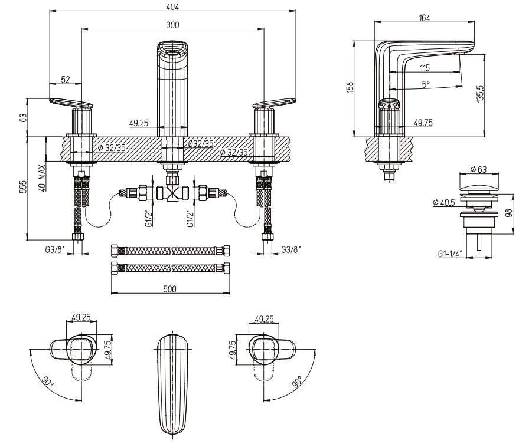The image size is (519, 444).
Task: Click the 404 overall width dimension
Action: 172,6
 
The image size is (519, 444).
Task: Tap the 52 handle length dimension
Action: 66,80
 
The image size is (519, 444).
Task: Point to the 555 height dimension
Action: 22,188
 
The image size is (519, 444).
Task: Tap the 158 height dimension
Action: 350,86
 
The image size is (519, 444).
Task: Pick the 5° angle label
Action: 426,84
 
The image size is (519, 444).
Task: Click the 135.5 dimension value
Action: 481,94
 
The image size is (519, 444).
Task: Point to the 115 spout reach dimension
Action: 426,68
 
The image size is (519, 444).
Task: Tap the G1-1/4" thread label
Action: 450,254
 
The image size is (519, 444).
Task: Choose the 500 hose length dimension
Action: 170,289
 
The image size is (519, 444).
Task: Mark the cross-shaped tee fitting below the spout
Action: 172,193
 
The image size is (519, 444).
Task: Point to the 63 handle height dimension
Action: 22,117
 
